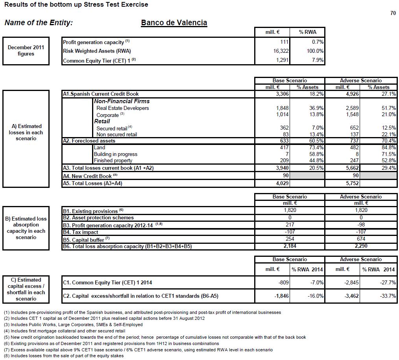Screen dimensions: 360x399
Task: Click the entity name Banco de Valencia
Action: (x=174, y=22)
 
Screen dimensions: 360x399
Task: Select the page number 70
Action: (x=393, y=13)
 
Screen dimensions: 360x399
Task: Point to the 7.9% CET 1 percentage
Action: (x=318, y=60)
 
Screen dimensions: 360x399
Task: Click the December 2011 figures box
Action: (x=26, y=51)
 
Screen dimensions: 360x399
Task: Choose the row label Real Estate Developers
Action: (x=122, y=108)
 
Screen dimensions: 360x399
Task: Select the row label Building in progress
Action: (x=115, y=154)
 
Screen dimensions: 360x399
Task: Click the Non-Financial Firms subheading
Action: (x=122, y=101)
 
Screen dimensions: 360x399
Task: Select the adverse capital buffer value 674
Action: (x=360, y=239)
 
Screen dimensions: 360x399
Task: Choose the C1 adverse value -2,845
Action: (x=351, y=282)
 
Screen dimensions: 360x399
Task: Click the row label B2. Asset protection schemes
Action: (x=98, y=217)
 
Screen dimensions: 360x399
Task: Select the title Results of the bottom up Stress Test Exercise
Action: (x=76, y=5)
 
